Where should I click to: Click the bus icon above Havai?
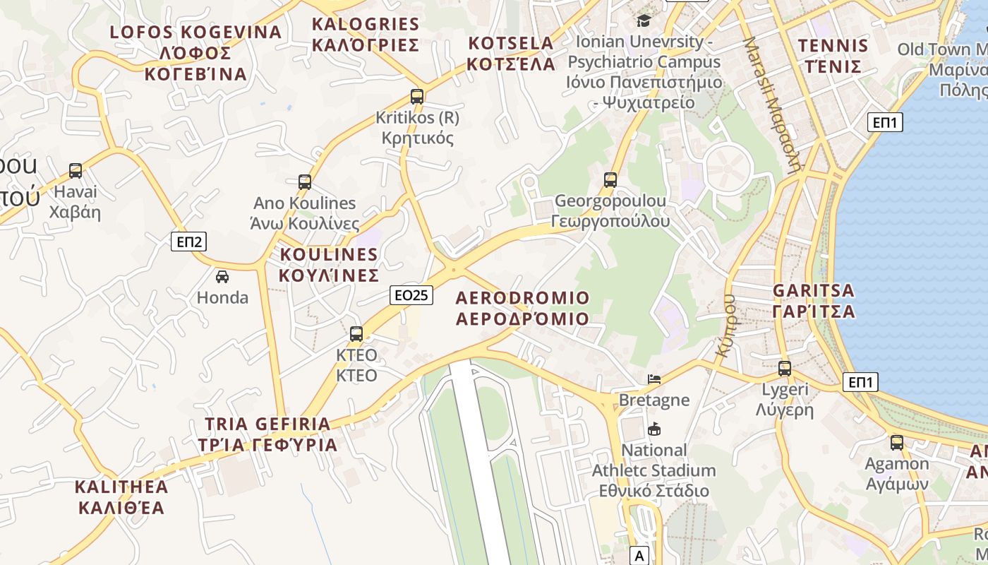pos(76,170)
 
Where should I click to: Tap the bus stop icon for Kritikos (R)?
pos(417,96)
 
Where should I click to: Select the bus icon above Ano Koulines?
pos(305,182)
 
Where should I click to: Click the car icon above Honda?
pos(222,276)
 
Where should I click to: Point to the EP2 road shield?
pos(189,242)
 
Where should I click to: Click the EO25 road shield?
pos(411,295)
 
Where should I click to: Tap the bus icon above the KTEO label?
pos(356,333)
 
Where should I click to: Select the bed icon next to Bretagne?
pos(654,379)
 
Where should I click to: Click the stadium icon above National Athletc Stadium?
pos(654,429)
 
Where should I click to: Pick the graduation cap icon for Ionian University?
pos(644,20)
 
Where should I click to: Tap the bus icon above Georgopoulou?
pos(610,179)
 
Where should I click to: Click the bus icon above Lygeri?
pos(785,368)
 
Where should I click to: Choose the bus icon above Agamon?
pos(897,443)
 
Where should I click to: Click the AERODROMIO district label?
pos(522,308)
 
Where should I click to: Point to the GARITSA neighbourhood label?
pos(814,301)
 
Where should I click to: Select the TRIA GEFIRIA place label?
pos(267,434)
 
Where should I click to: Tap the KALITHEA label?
pos(121,497)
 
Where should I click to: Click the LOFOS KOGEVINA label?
pos(196,53)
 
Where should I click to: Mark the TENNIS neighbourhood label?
pos(833,56)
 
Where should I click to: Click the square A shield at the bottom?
pos(639,556)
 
